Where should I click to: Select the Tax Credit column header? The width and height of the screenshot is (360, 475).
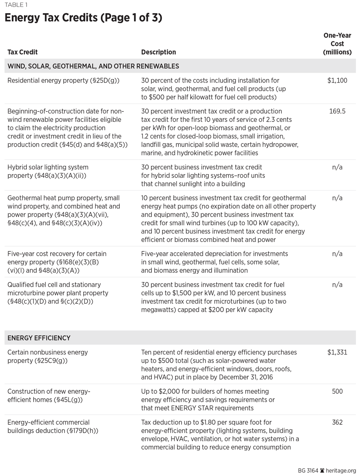click(x=23, y=52)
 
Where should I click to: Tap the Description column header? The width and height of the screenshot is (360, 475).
click(x=158, y=52)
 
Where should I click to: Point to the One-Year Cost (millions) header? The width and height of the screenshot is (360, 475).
click(x=337, y=44)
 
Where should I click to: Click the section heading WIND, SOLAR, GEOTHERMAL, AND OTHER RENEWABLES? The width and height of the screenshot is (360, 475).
click(x=93, y=66)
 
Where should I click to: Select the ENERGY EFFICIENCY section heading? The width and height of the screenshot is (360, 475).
click(x=39, y=338)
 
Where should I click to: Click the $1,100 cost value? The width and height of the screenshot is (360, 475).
click(x=337, y=81)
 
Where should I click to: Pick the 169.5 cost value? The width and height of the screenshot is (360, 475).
click(x=337, y=111)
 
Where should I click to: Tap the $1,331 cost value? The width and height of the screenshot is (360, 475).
click(x=337, y=352)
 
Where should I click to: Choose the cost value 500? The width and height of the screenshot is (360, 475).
click(x=337, y=392)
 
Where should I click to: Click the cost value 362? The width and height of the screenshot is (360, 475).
click(x=337, y=422)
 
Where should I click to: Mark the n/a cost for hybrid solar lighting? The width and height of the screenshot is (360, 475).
click(x=337, y=167)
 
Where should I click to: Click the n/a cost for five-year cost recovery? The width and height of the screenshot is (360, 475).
click(x=337, y=254)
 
